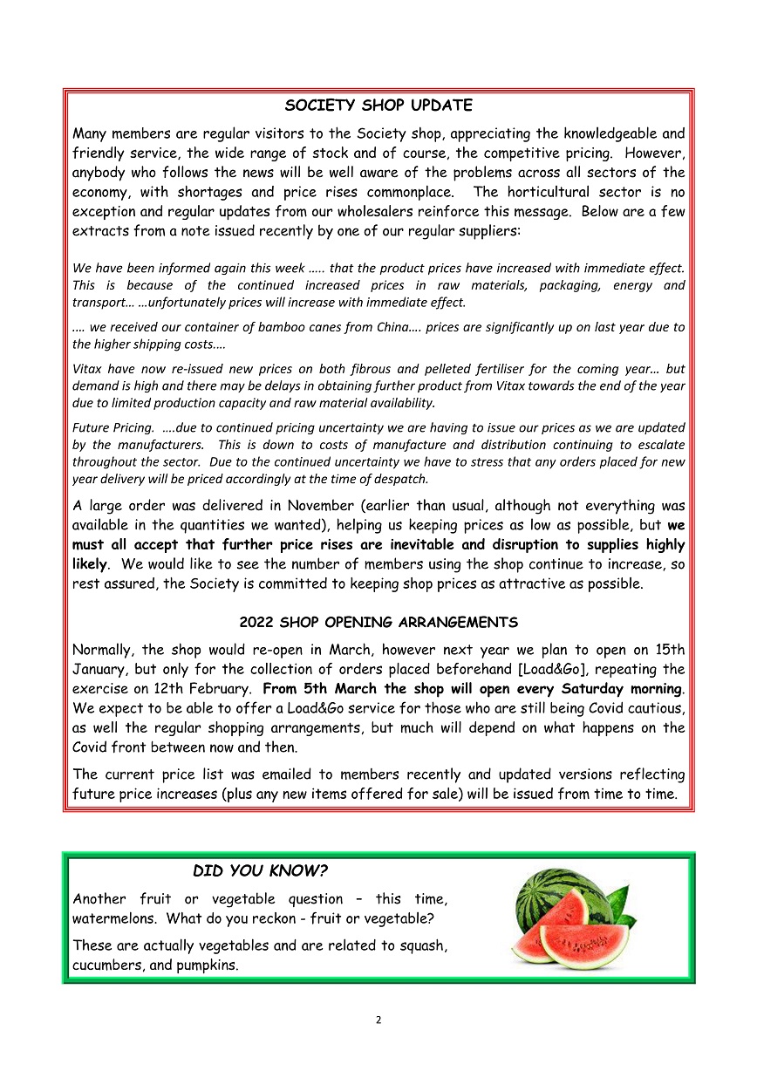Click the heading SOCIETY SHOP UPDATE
point(378,106)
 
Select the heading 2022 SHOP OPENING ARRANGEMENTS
point(378,623)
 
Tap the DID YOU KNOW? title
point(260,871)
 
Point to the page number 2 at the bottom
point(378,1020)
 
